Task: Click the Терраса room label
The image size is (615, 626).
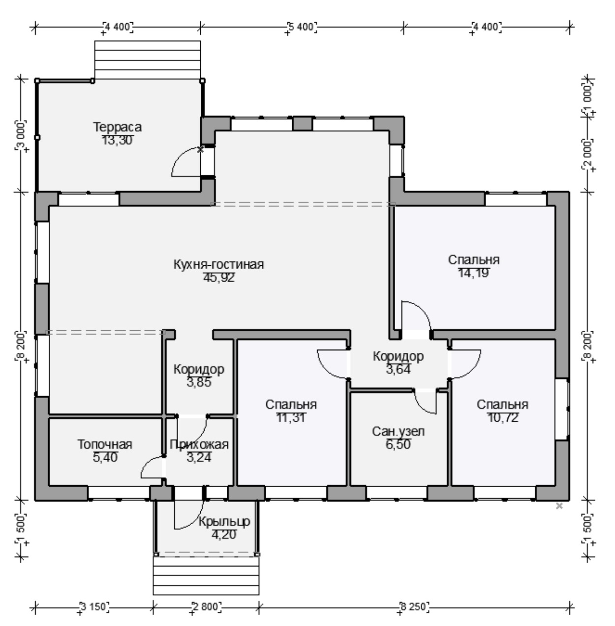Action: coord(117,126)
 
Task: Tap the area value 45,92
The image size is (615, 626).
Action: coord(218,278)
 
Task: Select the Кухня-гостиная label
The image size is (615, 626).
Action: coord(218,264)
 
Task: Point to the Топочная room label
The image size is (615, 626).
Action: coord(105,444)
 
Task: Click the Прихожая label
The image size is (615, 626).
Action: coord(199,444)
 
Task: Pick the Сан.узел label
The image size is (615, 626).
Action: coord(398,432)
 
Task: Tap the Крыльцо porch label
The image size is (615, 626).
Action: coord(224,522)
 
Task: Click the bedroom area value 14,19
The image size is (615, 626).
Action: coord(473,273)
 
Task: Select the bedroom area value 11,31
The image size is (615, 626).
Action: coord(291,418)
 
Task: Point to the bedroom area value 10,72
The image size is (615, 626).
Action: coord(503,418)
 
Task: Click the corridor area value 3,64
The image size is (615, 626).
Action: coord(398,370)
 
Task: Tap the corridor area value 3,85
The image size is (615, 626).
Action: coord(199,382)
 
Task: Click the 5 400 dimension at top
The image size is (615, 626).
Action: coord(302,27)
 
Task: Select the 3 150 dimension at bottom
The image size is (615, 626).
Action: coord(93,606)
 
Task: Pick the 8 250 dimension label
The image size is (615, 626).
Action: coord(414,606)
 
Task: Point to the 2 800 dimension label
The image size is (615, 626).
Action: coord(207,606)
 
